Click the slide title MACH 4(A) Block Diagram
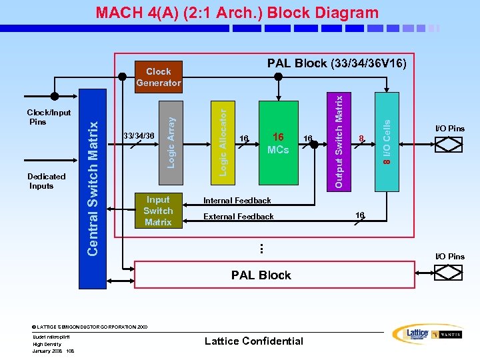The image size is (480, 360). [237, 13]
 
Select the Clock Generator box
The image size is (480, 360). [158, 77]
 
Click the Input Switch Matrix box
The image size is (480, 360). [158, 211]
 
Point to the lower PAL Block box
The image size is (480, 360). [261, 275]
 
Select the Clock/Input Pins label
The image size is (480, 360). [48, 117]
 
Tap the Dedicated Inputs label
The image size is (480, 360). [46, 181]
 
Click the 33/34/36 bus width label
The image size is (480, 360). [139, 136]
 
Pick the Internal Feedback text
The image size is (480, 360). [237, 200]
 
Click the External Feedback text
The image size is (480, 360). [238, 217]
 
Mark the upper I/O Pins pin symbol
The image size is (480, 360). [449, 143]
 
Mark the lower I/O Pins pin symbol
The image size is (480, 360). [449, 273]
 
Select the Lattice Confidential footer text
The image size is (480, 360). [253, 341]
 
